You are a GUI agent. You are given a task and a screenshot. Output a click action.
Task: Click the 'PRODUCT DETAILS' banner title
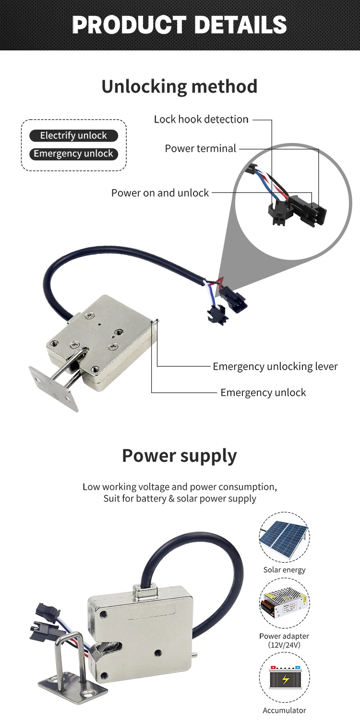click(x=180, y=25)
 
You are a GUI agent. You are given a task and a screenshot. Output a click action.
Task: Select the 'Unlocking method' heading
click(x=180, y=86)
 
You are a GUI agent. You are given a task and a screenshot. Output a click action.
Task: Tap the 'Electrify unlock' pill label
click(x=73, y=136)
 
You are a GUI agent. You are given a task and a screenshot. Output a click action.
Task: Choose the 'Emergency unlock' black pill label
click(x=73, y=154)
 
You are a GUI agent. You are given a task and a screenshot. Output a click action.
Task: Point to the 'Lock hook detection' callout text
click(x=201, y=120)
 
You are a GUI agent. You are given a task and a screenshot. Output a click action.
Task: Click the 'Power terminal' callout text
click(x=201, y=149)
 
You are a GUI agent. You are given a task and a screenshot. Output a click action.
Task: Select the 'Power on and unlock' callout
click(x=160, y=193)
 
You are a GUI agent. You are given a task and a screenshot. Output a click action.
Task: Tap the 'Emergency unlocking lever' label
click(x=275, y=367)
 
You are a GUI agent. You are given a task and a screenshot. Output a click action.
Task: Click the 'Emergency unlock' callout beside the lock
click(x=263, y=393)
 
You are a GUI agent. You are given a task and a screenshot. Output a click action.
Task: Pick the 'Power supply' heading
click(x=180, y=456)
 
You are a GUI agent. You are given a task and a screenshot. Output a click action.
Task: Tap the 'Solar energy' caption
click(x=284, y=570)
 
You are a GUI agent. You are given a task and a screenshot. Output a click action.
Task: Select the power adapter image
click(x=284, y=603)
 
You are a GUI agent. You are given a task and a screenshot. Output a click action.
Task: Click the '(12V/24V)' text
click(x=284, y=645)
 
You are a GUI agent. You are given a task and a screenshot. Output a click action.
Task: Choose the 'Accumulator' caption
click(x=284, y=710)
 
